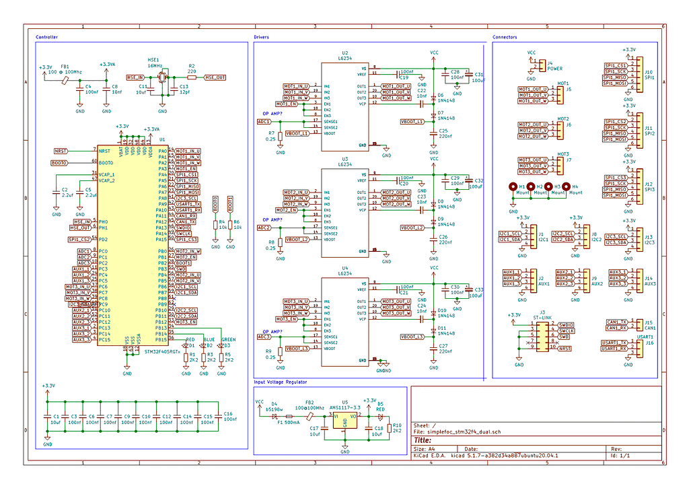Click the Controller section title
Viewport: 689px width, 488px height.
tap(46, 37)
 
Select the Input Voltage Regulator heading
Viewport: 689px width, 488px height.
tap(281, 382)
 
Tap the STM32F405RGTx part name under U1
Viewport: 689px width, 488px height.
tap(153, 351)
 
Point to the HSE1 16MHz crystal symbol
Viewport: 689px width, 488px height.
tap(161, 78)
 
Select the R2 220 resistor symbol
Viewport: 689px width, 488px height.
tap(192, 78)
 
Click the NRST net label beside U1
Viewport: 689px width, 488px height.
tap(61, 151)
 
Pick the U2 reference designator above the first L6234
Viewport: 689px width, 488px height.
tap(345, 52)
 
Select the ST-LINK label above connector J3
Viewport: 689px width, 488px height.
tap(542, 317)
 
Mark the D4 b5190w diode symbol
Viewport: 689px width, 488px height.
tap(274, 415)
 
